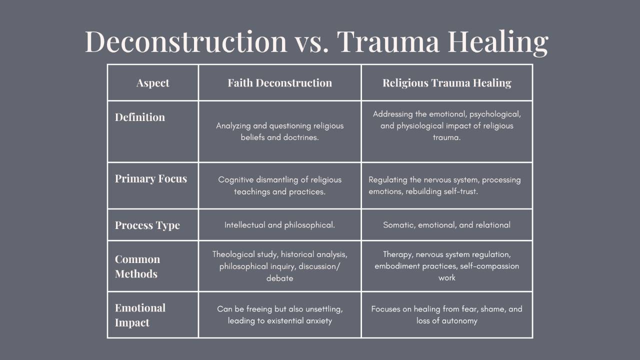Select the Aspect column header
click(x=153, y=83)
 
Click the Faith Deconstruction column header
click(x=279, y=83)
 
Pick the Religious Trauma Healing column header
click(x=446, y=83)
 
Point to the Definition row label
click(x=140, y=117)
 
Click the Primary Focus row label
click(x=151, y=179)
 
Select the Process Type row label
click(x=147, y=225)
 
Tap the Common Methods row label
click(x=137, y=266)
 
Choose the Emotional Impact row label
click(x=140, y=315)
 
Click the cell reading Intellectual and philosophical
click(x=279, y=225)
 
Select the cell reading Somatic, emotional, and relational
click(x=446, y=225)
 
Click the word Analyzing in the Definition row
click(x=233, y=126)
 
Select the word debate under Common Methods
click(x=279, y=278)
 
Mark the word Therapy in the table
click(x=398, y=254)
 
